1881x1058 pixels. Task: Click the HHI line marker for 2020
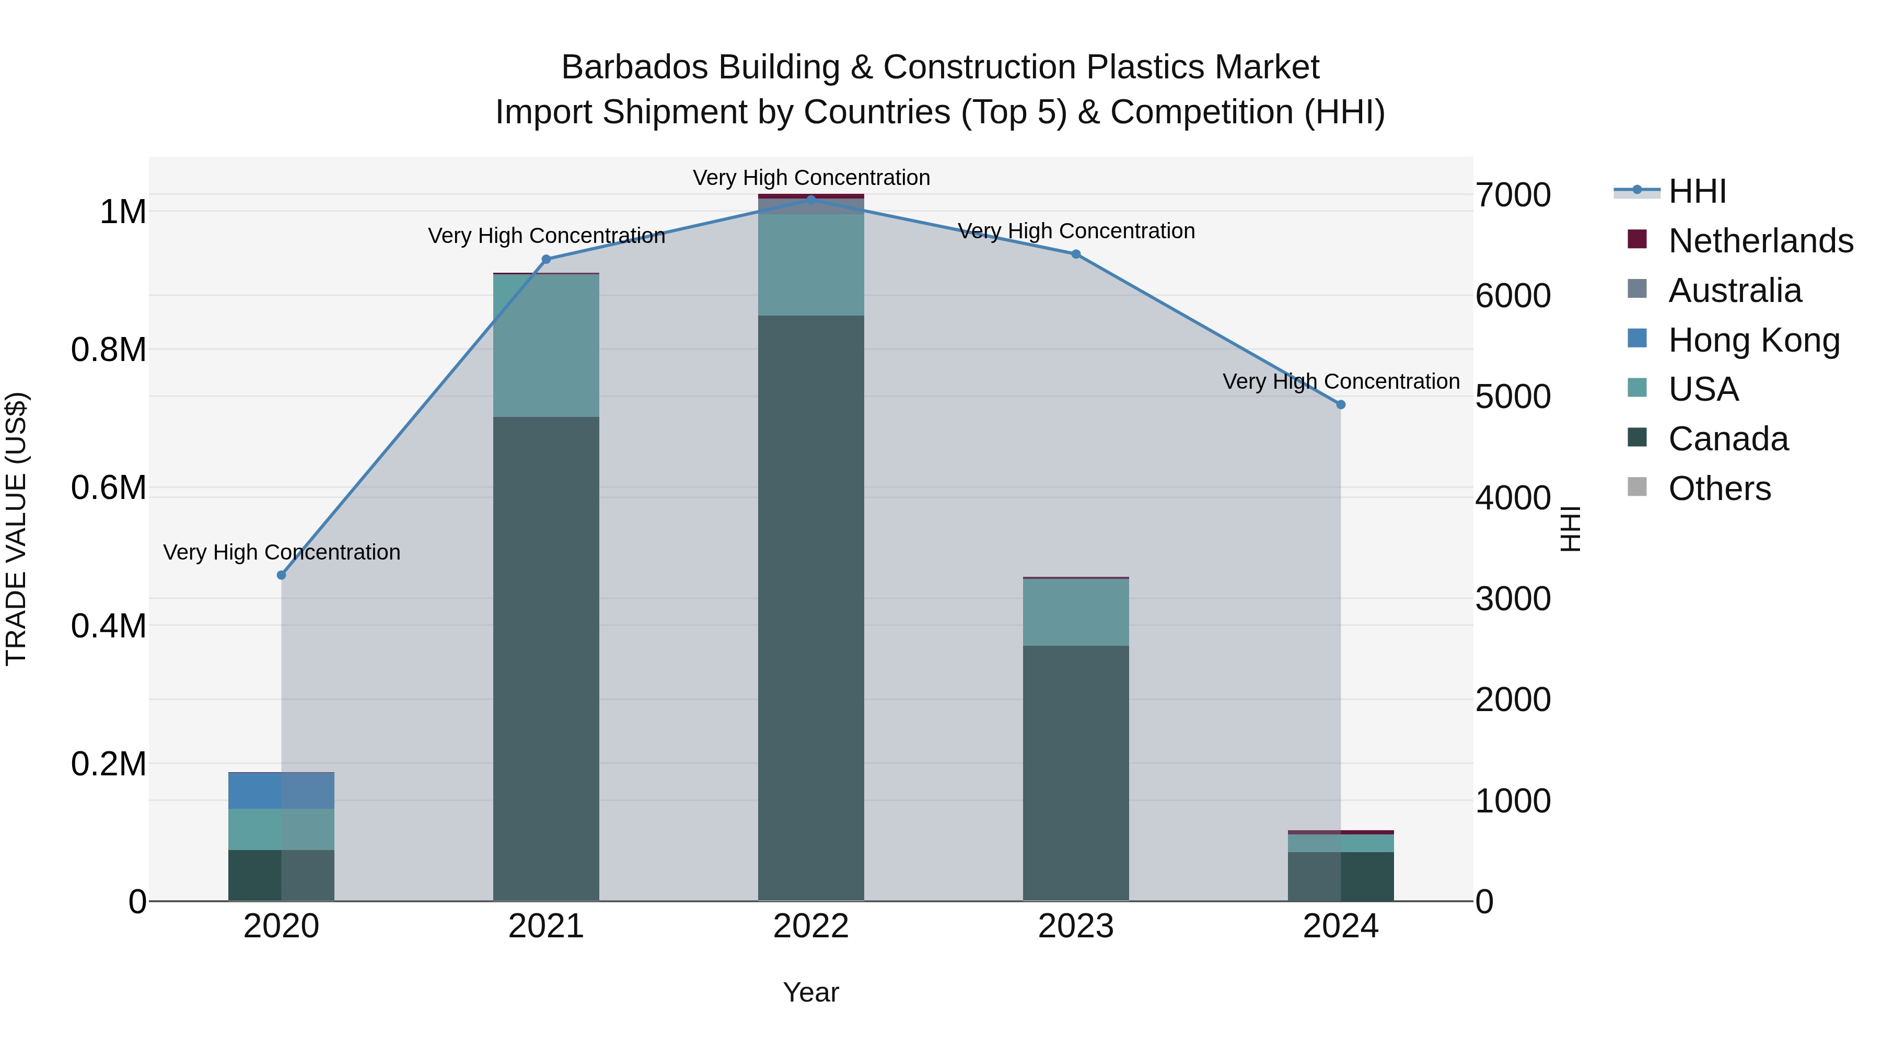pos(281,575)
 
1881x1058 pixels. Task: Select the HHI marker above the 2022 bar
pos(810,200)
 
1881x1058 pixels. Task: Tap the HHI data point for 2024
pos(1341,404)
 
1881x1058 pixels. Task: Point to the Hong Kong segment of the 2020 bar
pos(281,791)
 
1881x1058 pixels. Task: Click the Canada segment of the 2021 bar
pos(546,657)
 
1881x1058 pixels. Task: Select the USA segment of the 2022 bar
pos(810,264)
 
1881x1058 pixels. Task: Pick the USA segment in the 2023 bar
pos(1076,612)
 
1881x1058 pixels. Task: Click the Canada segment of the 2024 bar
pos(1341,876)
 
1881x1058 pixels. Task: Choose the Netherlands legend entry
pos(1760,241)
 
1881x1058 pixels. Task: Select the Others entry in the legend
pos(1720,489)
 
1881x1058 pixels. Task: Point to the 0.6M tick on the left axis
pos(109,488)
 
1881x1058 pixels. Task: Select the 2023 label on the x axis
pos(1076,926)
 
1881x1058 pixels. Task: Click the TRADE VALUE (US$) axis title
pos(16,529)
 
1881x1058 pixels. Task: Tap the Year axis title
pos(810,992)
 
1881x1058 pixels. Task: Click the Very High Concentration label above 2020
pos(281,552)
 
